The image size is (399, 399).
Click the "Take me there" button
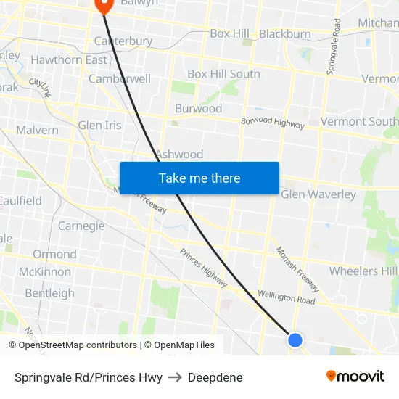[199, 178]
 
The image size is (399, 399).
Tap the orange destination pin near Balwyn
[104, 6]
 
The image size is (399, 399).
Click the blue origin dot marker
[295, 340]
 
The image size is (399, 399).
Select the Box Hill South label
[223, 74]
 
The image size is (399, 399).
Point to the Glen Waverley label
[318, 194]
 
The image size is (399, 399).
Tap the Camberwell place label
[120, 79]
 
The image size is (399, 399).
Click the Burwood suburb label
[198, 109]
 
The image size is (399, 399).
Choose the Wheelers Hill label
[363, 271]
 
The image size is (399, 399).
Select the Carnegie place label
[81, 226]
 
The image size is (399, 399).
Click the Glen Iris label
[100, 126]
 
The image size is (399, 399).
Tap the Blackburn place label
[285, 34]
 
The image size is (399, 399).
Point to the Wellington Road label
[287, 297]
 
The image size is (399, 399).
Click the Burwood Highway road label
[273, 123]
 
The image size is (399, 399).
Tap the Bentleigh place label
[49, 293]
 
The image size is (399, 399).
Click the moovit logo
[355, 377]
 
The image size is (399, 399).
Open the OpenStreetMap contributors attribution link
[78, 345]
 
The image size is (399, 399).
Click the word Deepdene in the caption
[215, 377]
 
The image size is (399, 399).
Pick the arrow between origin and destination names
[175, 377]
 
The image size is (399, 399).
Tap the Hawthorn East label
[69, 59]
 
